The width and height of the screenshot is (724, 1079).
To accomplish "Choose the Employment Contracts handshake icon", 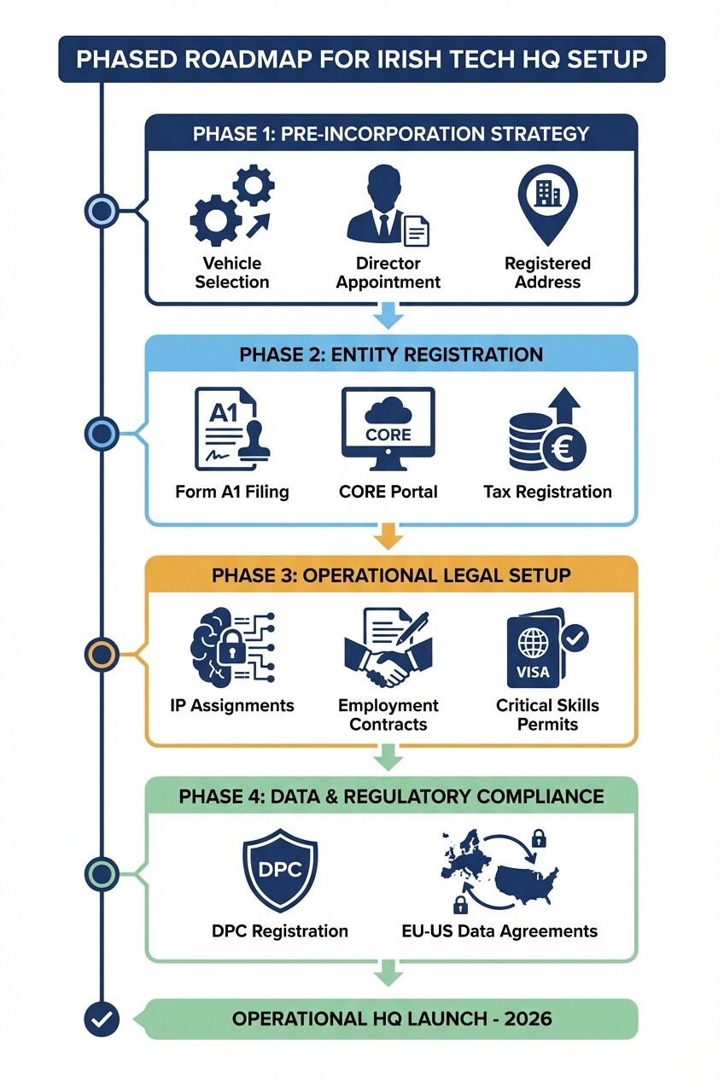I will tap(388, 650).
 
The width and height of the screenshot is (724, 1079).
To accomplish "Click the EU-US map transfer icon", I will tap(499, 871).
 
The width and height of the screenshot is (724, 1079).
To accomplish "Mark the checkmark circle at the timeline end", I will tap(102, 1018).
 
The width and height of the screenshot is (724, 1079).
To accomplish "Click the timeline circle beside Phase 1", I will tap(102, 209).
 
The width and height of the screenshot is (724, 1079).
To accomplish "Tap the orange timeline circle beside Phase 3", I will tap(102, 655).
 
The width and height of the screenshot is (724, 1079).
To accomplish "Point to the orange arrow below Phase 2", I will tap(388, 537).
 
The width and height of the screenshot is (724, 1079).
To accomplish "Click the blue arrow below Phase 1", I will tap(388, 318).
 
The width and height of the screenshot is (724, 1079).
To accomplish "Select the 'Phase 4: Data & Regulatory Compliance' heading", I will tap(391, 796).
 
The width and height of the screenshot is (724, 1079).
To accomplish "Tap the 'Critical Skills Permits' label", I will tap(547, 715).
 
